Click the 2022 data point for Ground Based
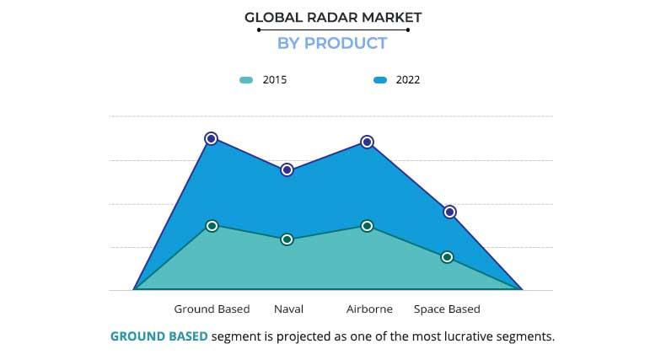(211, 138)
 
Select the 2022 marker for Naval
(287, 169)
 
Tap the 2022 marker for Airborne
(367, 142)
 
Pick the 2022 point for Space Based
(450, 212)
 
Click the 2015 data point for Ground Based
(212, 226)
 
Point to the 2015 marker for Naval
(287, 239)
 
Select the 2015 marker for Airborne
(367, 226)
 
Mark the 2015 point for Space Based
(447, 257)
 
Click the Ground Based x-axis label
(212, 309)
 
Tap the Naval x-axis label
(288, 309)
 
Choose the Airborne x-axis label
(369, 309)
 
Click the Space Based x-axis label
(447, 309)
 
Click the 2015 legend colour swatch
(245, 81)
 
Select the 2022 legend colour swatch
(379, 81)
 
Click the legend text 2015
(275, 81)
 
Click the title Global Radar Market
(333, 17)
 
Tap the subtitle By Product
(332, 44)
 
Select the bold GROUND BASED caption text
(158, 336)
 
